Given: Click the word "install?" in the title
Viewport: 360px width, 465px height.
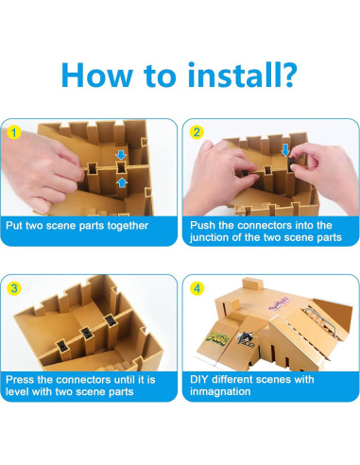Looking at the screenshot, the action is point(242,75).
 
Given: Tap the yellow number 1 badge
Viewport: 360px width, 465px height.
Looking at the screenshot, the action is point(13,132).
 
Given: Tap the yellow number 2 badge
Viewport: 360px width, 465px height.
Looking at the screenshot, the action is point(197,132).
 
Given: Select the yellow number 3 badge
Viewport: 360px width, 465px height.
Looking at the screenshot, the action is point(14,288).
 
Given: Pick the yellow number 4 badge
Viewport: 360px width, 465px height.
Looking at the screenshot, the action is point(197,288).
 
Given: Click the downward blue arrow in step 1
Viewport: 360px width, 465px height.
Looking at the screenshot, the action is point(121,155).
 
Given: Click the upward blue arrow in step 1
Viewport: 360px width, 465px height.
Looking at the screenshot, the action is point(122,182).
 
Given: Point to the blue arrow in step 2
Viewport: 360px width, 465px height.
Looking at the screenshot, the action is point(285,150).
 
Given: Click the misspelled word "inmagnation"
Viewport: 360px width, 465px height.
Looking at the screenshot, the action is point(220,391).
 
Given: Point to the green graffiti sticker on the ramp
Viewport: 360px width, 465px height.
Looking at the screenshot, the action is point(217,337).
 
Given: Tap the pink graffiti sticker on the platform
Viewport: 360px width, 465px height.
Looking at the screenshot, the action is point(279,304).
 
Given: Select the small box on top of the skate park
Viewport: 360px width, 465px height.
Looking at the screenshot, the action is point(252,284).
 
